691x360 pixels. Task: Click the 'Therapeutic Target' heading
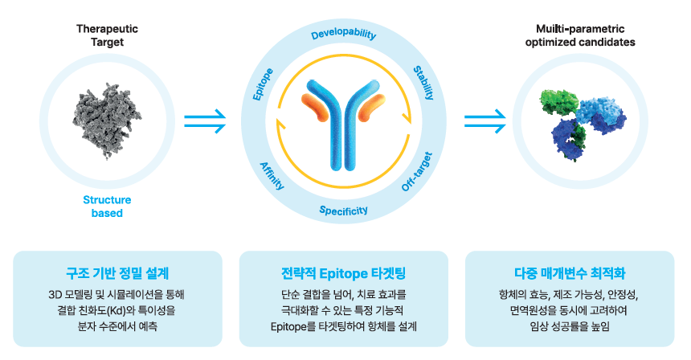[107, 35]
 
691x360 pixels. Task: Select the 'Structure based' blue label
[107, 207]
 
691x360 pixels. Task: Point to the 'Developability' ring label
[344, 35]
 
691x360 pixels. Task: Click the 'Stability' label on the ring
[423, 83]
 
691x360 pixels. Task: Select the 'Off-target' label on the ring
[417, 171]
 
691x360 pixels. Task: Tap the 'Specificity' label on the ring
[344, 211]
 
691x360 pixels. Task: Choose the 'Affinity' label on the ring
[272, 175]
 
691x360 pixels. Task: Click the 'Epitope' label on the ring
[263, 84]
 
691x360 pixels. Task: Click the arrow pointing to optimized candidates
[485, 121]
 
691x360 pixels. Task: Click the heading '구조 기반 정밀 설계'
[117, 272]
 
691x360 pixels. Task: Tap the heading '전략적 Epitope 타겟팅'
[344, 272]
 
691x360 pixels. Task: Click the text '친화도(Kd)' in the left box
[133, 309]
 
